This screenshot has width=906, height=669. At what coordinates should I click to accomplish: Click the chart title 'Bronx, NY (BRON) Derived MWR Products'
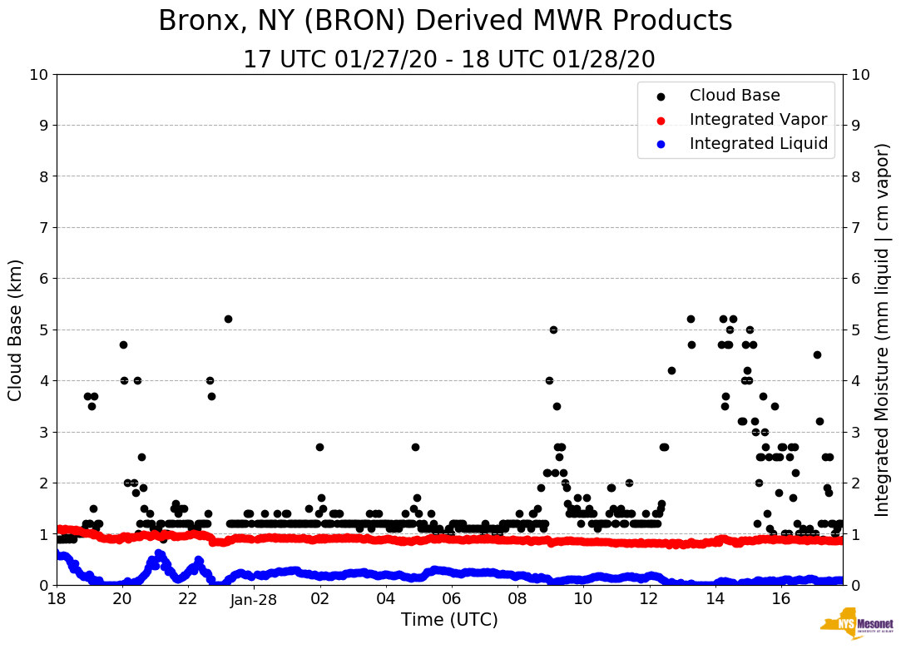[x=445, y=22]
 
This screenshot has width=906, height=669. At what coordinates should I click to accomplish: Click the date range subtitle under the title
[x=449, y=60]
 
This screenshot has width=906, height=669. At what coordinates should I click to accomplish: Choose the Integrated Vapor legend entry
[x=758, y=120]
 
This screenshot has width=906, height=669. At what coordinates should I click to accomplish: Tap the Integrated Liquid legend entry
[x=759, y=144]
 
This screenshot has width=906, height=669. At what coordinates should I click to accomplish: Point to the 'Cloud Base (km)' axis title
[x=16, y=330]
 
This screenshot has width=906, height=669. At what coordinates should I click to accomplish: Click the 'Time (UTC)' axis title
[x=449, y=620]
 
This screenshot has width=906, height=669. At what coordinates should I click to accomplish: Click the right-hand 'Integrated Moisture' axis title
[x=883, y=330]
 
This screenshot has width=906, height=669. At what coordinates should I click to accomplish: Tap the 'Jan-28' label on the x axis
[x=254, y=600]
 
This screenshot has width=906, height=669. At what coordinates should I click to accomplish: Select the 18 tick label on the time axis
[x=57, y=600]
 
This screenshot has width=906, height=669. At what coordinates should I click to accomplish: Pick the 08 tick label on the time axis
[x=517, y=600]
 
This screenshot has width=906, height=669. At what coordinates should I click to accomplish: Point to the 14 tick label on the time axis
[x=715, y=600]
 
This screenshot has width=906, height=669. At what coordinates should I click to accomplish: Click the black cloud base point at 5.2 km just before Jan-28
[x=228, y=319]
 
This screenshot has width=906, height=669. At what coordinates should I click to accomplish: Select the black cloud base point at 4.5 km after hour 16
[x=817, y=354]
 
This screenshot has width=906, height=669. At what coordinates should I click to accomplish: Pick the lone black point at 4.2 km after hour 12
[x=671, y=370]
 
